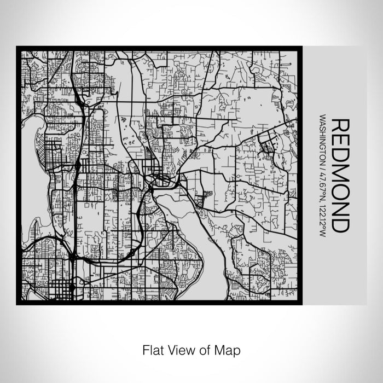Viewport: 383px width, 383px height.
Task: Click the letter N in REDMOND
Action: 340,212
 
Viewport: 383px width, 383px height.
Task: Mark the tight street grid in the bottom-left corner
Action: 60,288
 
